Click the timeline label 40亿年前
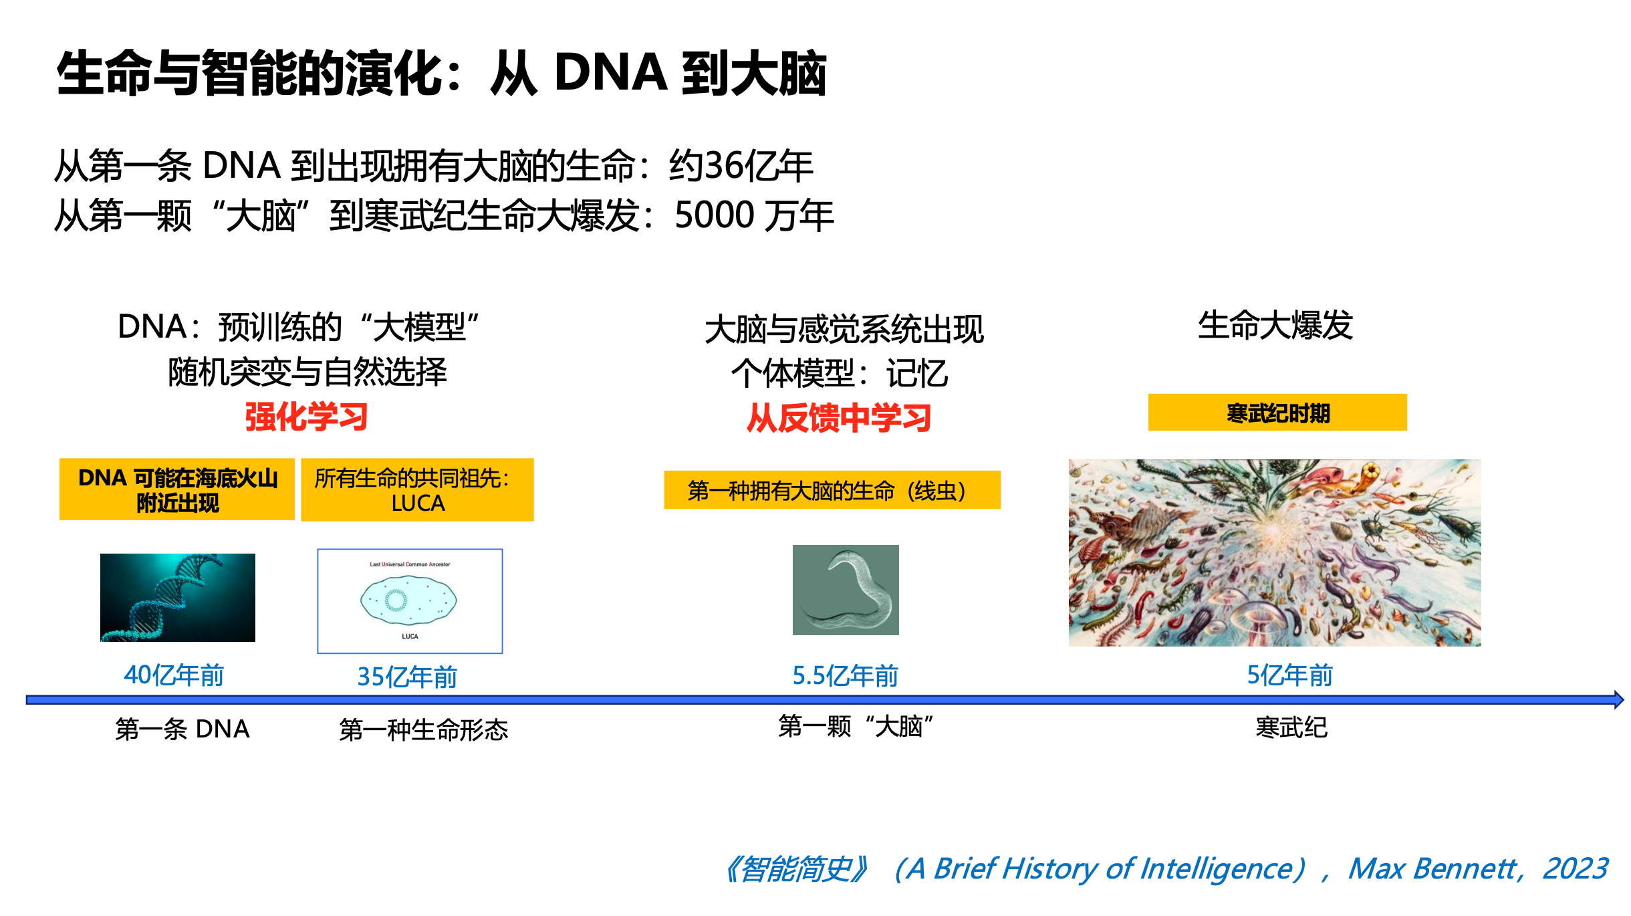(174, 675)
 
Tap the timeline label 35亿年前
(407, 677)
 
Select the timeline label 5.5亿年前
(846, 676)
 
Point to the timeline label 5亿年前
(1290, 675)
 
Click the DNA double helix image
(178, 598)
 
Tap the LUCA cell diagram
(410, 601)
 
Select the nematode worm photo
(846, 590)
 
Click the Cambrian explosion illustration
(1275, 553)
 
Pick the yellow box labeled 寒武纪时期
(1277, 413)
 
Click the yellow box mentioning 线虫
(832, 490)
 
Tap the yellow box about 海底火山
(177, 489)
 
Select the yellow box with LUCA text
(417, 489)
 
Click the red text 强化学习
(306, 417)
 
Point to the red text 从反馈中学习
(839, 418)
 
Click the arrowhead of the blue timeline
(1619, 700)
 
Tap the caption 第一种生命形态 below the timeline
(424, 729)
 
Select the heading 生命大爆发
(1275, 326)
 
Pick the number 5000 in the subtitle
(715, 215)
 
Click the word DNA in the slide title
(611, 72)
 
